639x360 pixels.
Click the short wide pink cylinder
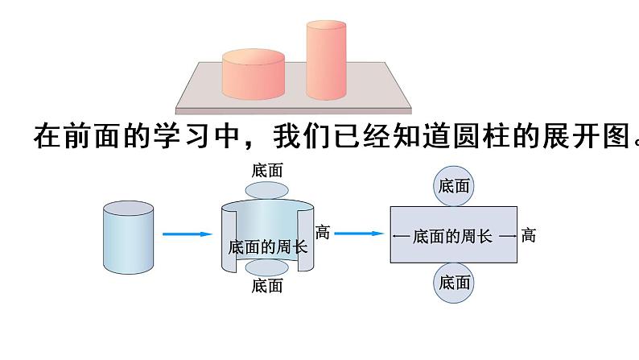tap(253, 74)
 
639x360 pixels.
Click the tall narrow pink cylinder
tap(326, 60)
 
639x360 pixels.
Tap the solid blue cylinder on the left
tap(128, 239)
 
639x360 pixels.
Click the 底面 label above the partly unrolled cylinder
tap(266, 170)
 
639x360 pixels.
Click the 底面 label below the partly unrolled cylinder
tap(266, 286)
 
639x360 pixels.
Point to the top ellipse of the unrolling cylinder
tap(266, 189)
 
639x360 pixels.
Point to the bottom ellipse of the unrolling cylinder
tap(266, 268)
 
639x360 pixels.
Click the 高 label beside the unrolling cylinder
tap(323, 232)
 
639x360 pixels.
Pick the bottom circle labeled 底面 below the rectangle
tap(454, 283)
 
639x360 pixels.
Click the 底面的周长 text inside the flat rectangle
tap(452, 236)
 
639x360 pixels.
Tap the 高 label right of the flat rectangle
tap(528, 235)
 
